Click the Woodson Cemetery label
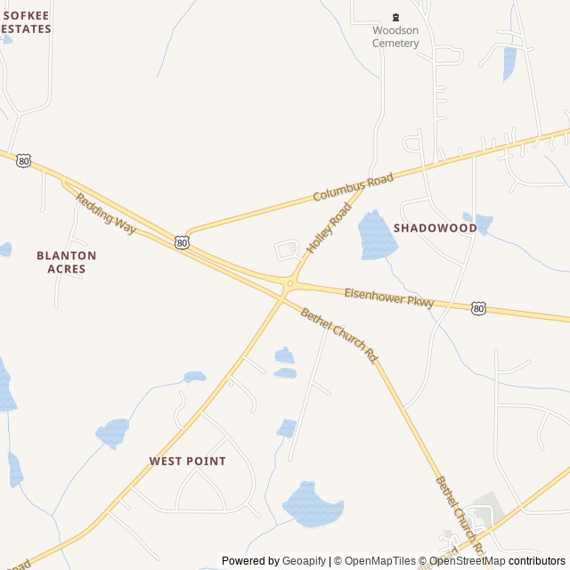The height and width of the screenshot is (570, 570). [395, 37]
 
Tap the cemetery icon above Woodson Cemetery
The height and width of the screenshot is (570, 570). [396, 17]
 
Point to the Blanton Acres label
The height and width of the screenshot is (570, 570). [67, 262]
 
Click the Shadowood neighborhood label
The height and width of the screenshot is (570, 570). [436, 228]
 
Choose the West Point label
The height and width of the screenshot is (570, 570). [187, 461]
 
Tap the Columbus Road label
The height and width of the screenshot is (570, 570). [353, 188]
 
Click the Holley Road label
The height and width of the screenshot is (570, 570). [330, 227]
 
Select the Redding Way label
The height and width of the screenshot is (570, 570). [106, 214]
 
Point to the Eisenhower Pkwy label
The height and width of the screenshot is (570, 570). [389, 297]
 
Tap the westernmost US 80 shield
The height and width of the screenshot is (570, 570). [23, 160]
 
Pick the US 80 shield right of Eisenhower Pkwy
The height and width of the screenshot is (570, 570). [479, 308]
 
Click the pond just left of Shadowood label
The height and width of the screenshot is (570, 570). [377, 234]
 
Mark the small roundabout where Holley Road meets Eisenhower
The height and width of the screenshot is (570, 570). [289, 284]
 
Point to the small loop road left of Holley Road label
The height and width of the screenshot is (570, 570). [287, 250]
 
